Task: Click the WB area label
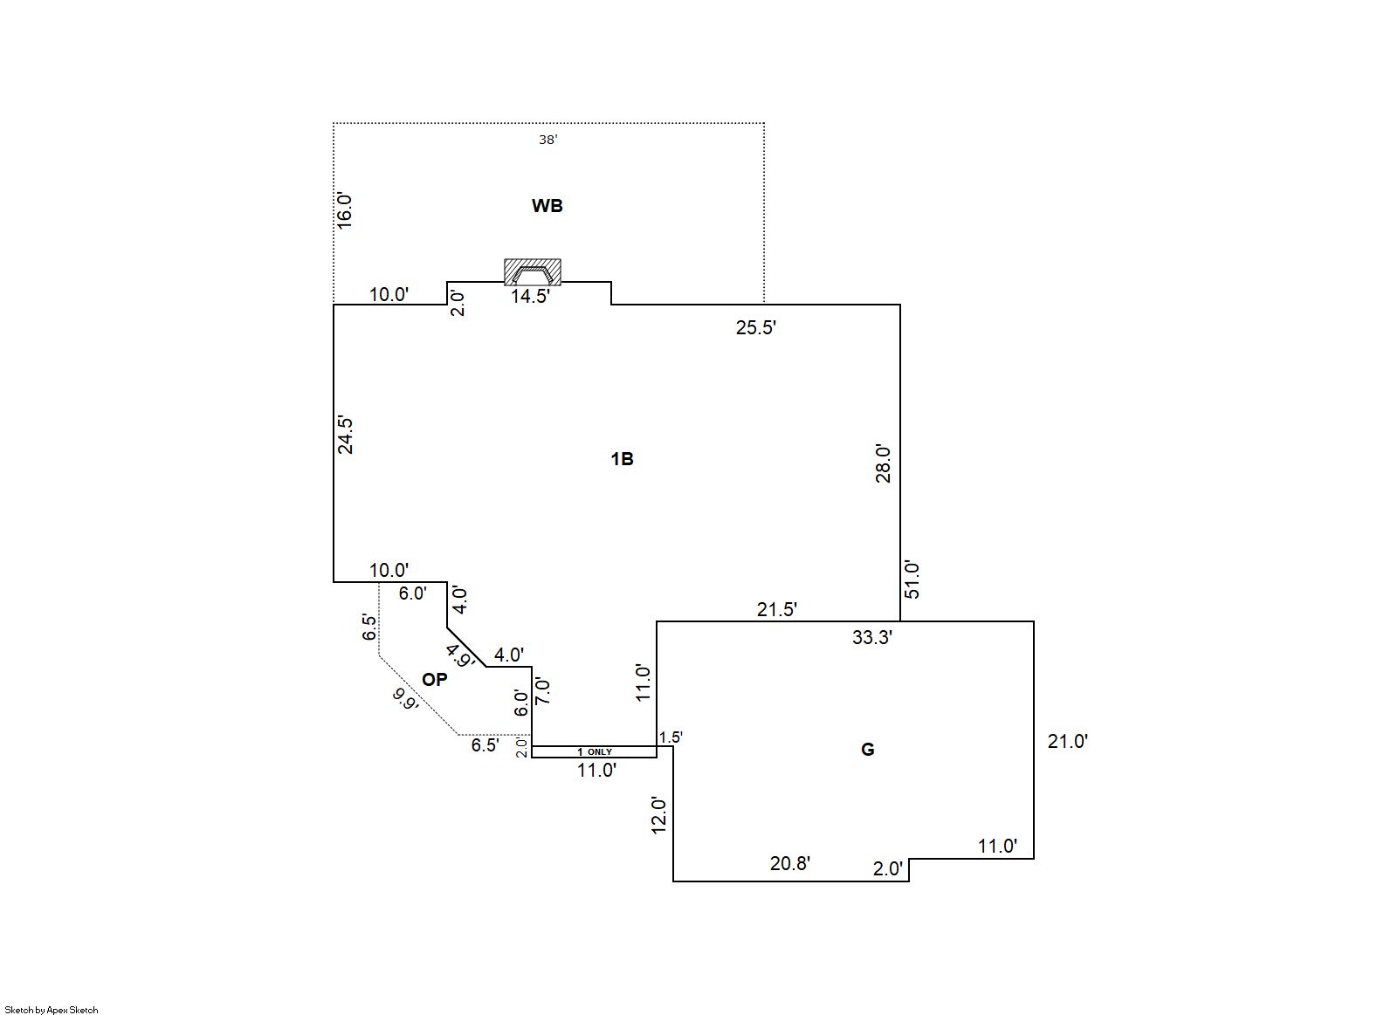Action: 547,206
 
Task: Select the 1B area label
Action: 622,459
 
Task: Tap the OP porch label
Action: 434,679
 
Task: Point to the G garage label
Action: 867,750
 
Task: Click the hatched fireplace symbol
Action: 533,272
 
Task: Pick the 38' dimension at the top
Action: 547,140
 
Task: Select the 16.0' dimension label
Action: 345,210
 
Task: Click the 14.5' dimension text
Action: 530,297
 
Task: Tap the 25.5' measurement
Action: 756,328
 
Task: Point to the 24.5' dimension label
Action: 346,435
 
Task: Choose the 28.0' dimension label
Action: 884,463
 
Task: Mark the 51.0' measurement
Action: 912,579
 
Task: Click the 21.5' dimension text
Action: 776,610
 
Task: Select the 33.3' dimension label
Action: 871,638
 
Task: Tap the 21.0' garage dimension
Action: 1067,742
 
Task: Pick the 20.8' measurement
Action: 789,864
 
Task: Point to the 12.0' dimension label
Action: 659,815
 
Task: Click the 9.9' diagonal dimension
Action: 405,700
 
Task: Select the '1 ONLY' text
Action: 595,752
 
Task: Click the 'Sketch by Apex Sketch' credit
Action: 52,1010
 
